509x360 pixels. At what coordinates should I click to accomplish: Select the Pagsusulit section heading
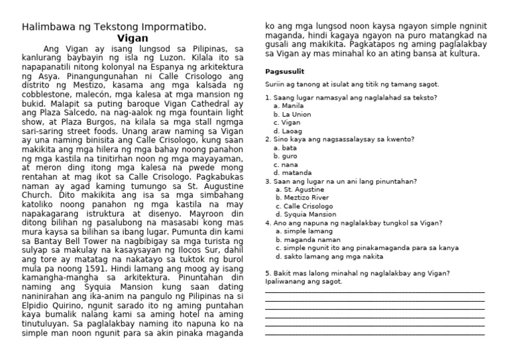(x=285, y=71)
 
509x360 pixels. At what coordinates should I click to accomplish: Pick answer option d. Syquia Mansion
(x=307, y=214)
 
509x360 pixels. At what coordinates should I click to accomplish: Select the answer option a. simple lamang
(x=302, y=231)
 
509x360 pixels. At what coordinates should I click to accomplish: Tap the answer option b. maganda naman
(x=305, y=239)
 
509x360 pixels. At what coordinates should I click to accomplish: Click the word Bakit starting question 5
(x=281, y=273)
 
